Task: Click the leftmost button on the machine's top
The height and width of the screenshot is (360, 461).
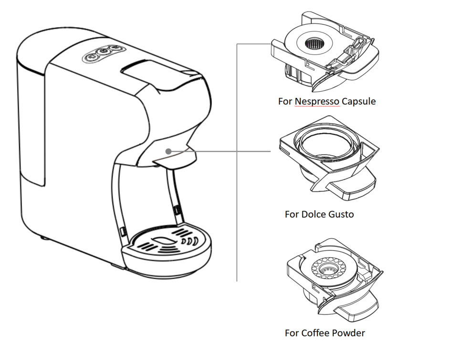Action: (x=91, y=57)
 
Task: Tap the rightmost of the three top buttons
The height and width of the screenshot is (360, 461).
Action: (x=115, y=49)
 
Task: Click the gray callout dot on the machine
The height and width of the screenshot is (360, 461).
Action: (x=169, y=151)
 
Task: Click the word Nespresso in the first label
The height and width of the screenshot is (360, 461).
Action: (x=317, y=102)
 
